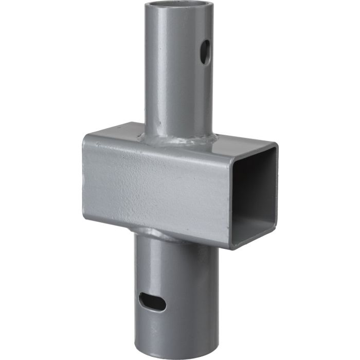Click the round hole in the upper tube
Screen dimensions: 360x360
pyautogui.click(x=205, y=52)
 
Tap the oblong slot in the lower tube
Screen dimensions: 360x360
pyautogui.click(x=152, y=302)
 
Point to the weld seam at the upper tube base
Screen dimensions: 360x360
pyautogui.click(x=177, y=140)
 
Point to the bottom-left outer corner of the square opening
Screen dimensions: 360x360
pyautogui.click(x=230, y=249)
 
